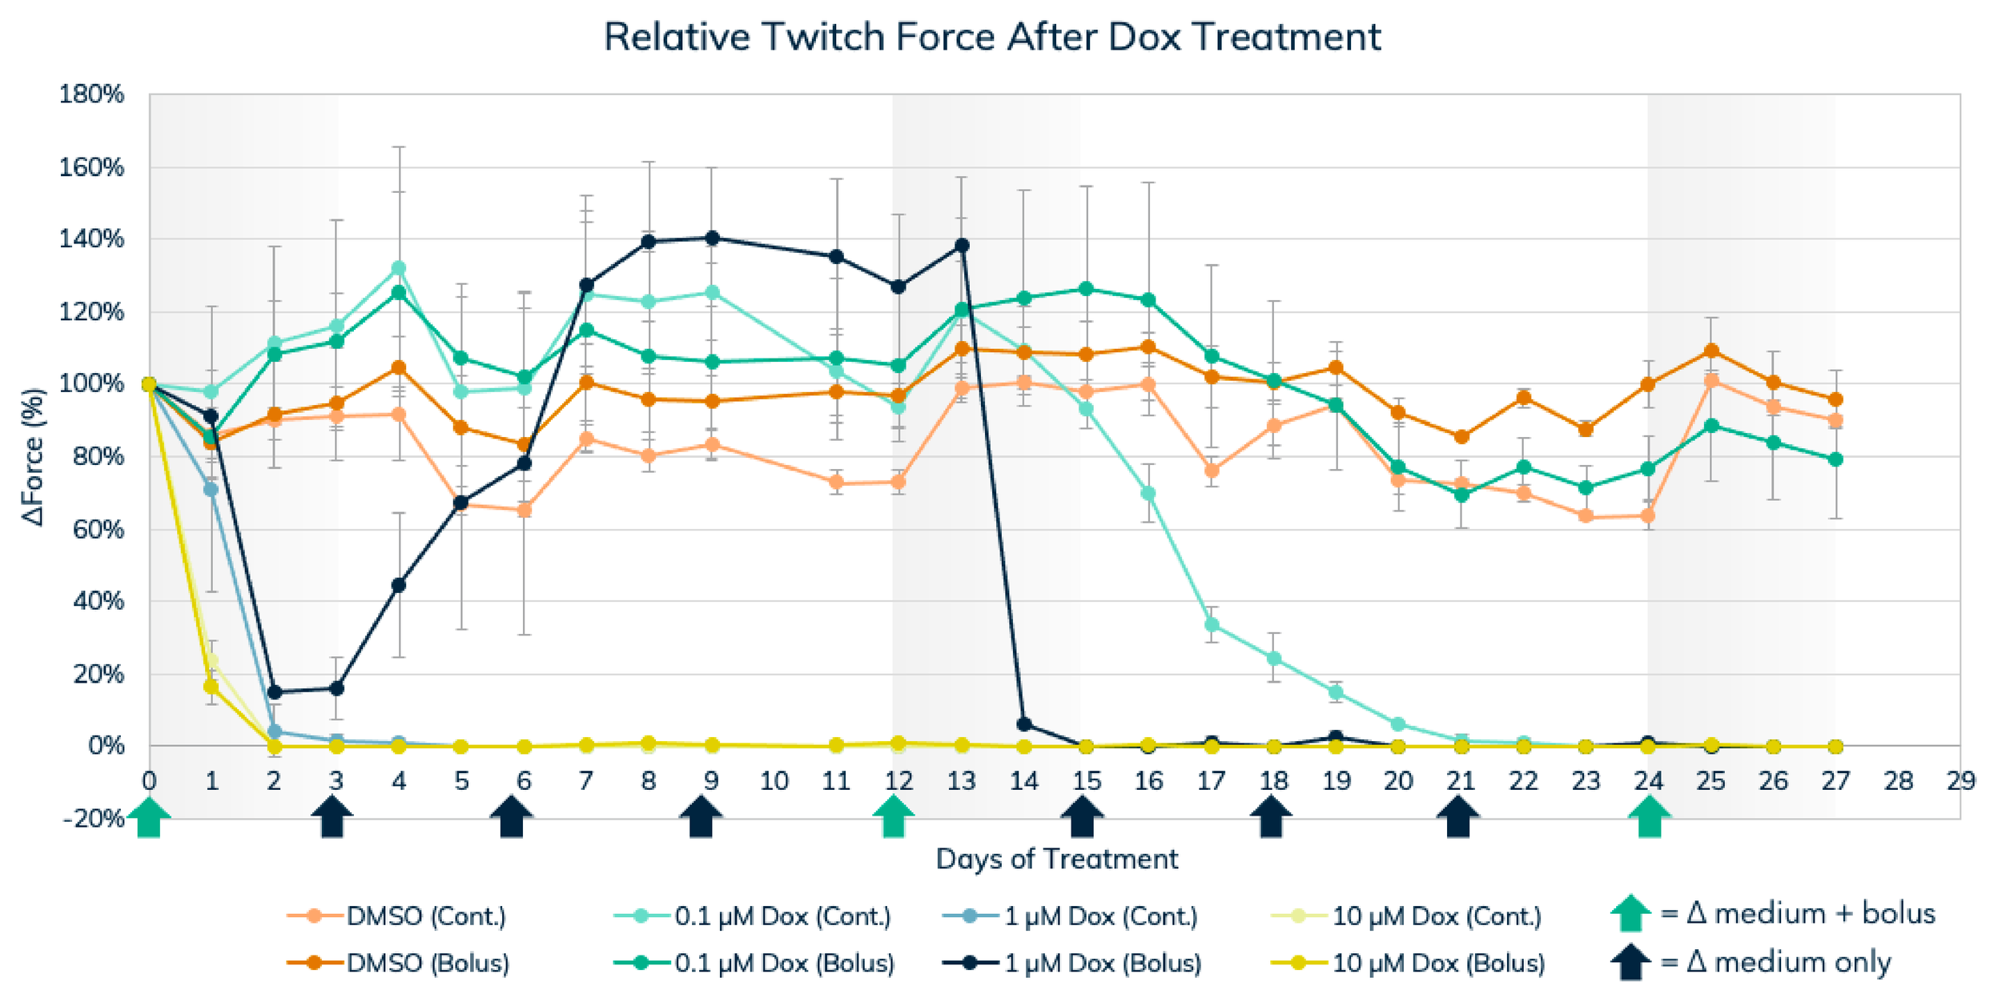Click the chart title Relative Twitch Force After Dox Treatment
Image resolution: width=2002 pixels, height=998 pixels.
tap(991, 37)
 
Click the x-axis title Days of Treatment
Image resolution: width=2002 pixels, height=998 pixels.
tap(1056, 859)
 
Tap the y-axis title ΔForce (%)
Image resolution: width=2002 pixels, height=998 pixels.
tap(34, 457)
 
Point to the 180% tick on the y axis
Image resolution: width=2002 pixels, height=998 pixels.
tap(91, 94)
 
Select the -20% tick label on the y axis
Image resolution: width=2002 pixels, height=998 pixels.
tap(94, 819)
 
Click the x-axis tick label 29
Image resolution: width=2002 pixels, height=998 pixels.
tap(1960, 780)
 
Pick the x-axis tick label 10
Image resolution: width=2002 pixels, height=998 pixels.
tap(774, 780)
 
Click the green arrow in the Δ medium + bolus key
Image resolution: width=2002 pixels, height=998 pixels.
tap(1630, 913)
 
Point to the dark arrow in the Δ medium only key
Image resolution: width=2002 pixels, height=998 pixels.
tap(1630, 962)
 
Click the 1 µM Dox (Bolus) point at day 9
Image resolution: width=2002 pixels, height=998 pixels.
tap(711, 238)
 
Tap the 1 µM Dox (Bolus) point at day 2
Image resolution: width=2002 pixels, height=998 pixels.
tap(274, 692)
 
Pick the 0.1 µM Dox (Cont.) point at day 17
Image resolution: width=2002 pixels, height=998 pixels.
tap(1212, 624)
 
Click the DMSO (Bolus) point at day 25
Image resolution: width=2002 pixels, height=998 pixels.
tap(1711, 351)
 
